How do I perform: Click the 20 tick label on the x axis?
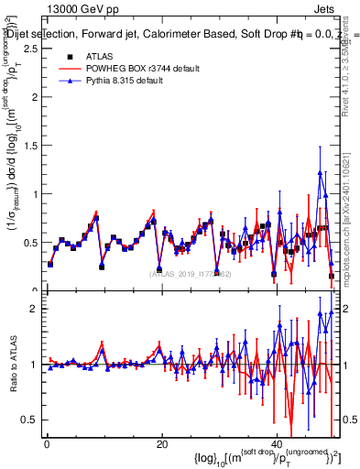tap(161, 443)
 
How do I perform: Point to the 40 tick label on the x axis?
tap(277, 443)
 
